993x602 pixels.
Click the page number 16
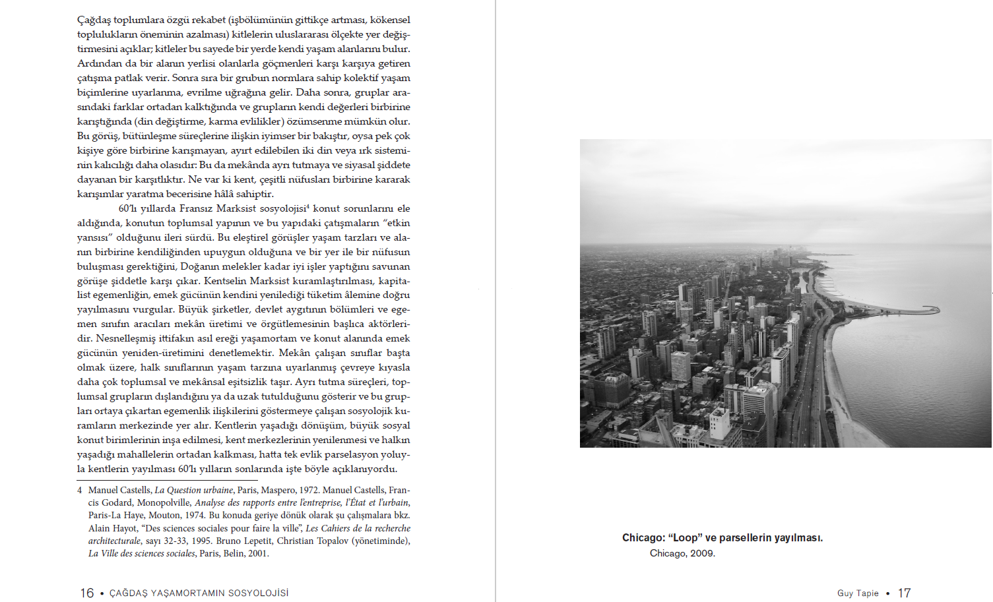tap(86, 593)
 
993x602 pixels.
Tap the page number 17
tap(904, 593)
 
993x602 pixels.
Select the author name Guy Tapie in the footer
tap(858, 593)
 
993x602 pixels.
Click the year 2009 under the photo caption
tap(703, 553)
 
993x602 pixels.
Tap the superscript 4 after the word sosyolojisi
tap(307, 206)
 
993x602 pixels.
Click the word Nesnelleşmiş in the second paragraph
tap(125, 338)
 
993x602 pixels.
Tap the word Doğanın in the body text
tap(200, 266)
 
